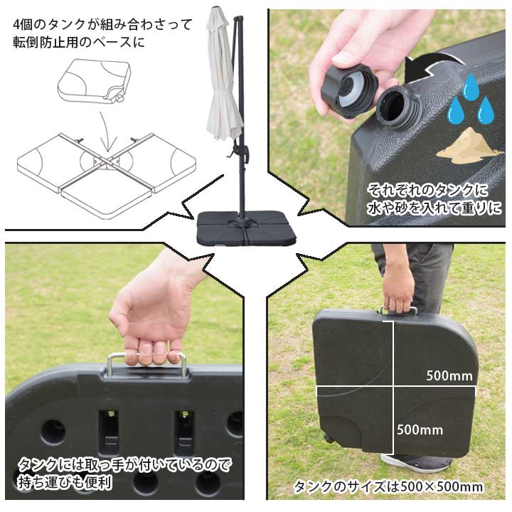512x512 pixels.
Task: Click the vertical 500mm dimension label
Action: (x=420, y=430)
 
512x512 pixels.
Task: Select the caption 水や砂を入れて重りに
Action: (x=434, y=208)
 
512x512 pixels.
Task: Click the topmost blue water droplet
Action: (x=470, y=87)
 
